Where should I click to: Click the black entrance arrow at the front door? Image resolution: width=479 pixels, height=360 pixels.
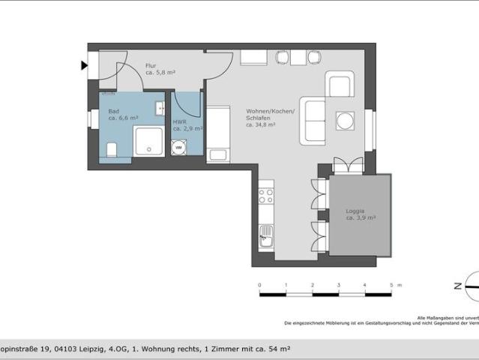click(84, 65)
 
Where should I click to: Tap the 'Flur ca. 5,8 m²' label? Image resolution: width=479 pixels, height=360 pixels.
click(160, 69)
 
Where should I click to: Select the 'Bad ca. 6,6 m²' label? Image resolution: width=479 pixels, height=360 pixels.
click(123, 114)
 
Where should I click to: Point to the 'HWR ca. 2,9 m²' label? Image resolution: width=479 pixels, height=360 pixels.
click(185, 125)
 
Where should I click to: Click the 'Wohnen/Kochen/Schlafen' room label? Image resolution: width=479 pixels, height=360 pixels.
click(270, 118)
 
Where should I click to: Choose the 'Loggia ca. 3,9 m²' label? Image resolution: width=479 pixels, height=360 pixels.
click(360, 214)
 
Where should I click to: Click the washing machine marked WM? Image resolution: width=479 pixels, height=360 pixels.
click(178, 148)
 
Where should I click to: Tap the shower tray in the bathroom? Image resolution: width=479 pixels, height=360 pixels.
click(148, 141)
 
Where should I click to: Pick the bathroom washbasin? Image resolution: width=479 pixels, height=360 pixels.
click(160, 109)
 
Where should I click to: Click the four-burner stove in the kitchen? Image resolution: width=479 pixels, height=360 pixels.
click(266, 196)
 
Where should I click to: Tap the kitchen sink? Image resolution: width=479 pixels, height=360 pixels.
click(266, 235)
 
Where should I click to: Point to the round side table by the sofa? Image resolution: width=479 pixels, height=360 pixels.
click(345, 121)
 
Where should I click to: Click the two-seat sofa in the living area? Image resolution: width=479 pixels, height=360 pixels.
click(313, 120)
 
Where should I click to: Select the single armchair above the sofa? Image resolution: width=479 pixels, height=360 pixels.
click(340, 84)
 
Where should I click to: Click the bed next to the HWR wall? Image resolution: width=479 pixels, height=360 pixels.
click(218, 133)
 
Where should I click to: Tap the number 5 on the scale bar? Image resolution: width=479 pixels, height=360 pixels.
click(391, 285)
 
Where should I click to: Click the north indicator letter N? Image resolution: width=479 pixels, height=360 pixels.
click(457, 286)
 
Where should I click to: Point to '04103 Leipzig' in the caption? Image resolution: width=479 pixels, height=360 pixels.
click(54, 349)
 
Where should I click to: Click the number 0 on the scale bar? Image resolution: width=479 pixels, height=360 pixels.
click(259, 285)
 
